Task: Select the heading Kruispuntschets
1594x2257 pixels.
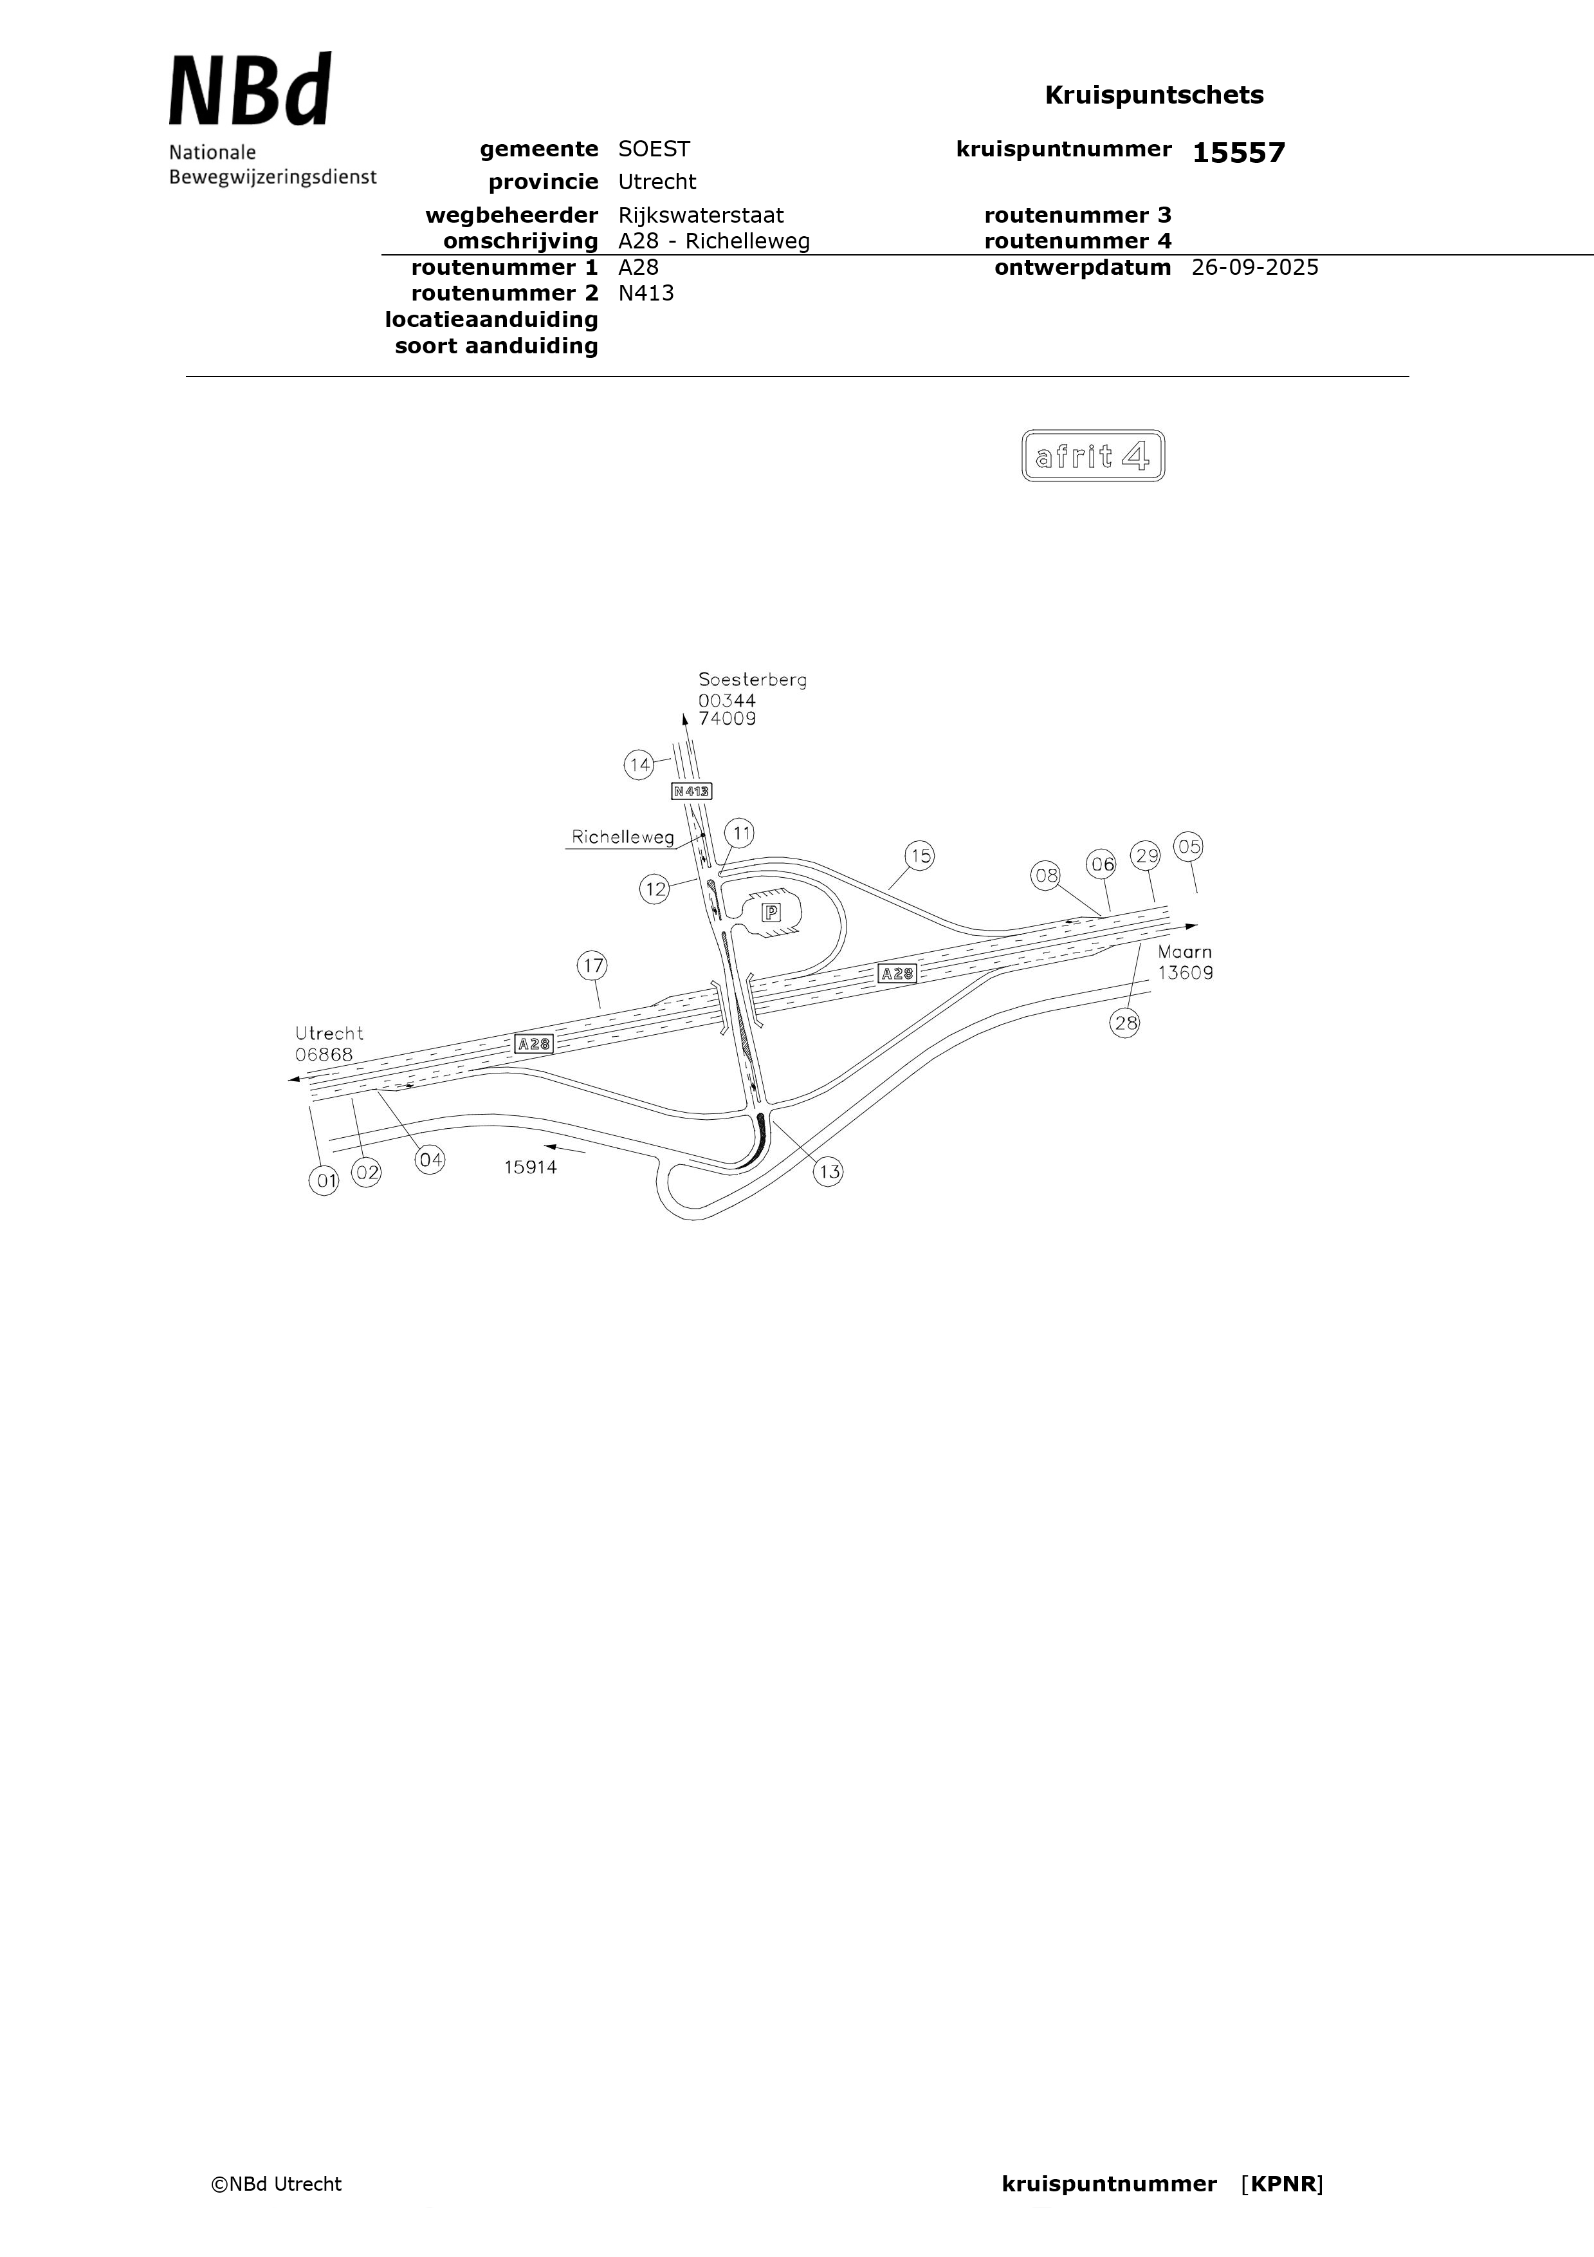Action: pos(1154,95)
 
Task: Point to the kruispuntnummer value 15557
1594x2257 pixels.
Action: pos(1238,153)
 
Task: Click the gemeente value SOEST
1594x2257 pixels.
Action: pos(654,149)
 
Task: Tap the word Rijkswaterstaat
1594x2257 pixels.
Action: pos(701,216)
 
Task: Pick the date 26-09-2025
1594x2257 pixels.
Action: pos(1255,267)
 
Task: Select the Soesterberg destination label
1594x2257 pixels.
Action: pos(753,679)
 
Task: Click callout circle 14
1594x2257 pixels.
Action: pos(640,765)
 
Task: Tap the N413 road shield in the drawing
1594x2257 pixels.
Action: pos(692,790)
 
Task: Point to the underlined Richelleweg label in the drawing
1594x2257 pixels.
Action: pos(623,837)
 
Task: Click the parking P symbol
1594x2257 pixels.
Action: pos(771,912)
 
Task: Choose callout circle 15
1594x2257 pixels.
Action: pos(920,856)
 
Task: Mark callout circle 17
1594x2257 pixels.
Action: pos(592,966)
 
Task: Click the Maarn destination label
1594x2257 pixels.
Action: pos(1184,952)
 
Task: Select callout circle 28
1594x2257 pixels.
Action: pos(1125,1023)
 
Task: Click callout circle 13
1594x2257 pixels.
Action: pos(829,1172)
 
